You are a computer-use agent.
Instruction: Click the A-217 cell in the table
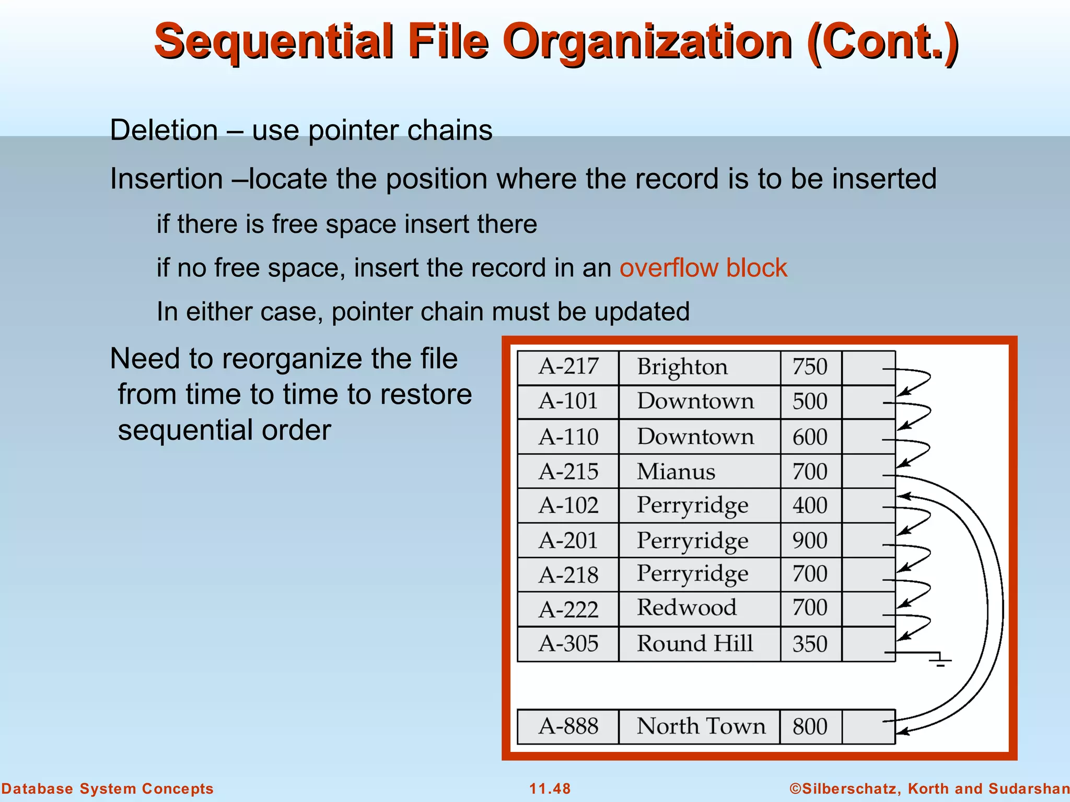tap(568, 367)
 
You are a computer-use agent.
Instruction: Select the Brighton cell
tap(682, 367)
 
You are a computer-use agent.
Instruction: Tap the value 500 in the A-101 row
tap(810, 402)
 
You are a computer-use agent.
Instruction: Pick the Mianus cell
tap(676, 471)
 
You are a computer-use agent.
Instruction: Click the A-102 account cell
tap(568, 505)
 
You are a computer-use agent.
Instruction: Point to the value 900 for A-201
tap(810, 540)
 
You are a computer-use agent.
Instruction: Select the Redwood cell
tap(687, 608)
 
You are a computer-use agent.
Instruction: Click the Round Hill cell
tap(695, 643)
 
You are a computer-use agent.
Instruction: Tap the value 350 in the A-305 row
tap(810, 644)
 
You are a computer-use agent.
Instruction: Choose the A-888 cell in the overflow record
tap(568, 726)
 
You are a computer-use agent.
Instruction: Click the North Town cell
tap(701, 726)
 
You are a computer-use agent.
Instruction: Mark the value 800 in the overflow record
tap(810, 727)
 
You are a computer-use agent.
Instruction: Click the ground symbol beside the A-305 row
tap(940, 661)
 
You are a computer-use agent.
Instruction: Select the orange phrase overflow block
tap(703, 268)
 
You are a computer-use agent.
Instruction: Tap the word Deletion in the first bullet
tap(164, 130)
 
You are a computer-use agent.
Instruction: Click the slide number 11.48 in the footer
tap(550, 788)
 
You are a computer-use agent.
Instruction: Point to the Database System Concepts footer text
tap(107, 788)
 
